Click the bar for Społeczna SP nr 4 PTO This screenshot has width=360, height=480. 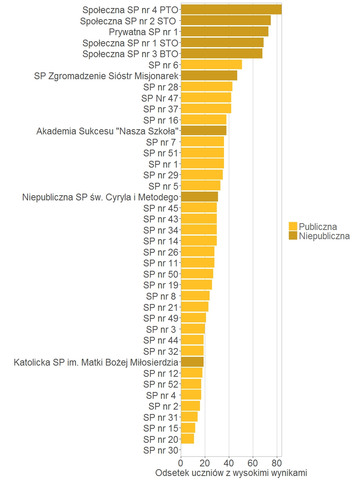[x=231, y=10]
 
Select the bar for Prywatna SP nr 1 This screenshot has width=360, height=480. [x=224, y=32]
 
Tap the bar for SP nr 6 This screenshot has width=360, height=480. [x=211, y=64]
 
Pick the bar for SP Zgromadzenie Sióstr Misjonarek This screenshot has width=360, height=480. [x=209, y=76]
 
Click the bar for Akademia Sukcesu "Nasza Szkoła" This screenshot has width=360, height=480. [x=204, y=131]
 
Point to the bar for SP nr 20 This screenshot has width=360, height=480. [x=187, y=439]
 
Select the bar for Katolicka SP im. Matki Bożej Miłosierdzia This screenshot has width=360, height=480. [x=192, y=362]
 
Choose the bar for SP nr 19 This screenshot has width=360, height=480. [x=196, y=285]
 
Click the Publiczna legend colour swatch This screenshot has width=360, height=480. [x=293, y=226]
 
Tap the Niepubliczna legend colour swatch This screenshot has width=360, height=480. [x=293, y=236]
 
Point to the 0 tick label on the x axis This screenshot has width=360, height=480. [x=181, y=464]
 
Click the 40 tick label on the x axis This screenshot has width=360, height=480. [x=229, y=464]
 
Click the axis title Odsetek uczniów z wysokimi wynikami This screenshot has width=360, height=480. [x=231, y=473]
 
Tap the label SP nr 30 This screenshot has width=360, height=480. [x=160, y=450]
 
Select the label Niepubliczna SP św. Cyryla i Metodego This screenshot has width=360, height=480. [x=100, y=197]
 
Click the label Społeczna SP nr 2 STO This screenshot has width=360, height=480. [x=128, y=21]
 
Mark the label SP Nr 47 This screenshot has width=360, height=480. [x=159, y=98]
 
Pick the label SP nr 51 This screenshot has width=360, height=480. [x=160, y=153]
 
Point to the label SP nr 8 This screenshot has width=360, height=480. [x=161, y=296]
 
